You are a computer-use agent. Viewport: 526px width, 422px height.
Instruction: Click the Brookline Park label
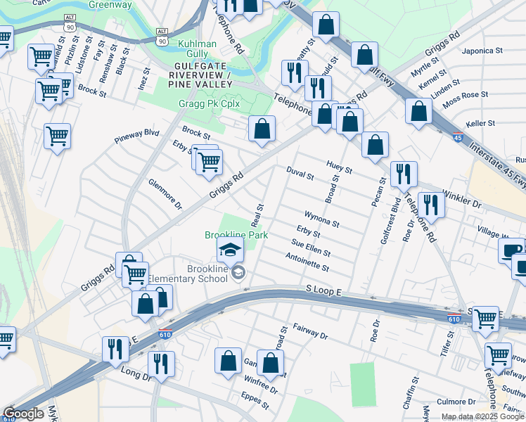(x=229, y=234)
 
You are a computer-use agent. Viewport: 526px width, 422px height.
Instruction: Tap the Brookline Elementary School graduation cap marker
(x=229, y=250)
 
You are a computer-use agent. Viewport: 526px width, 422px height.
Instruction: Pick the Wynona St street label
(x=322, y=219)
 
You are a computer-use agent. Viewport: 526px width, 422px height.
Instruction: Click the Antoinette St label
(x=308, y=262)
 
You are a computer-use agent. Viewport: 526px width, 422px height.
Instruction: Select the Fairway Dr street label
(x=309, y=332)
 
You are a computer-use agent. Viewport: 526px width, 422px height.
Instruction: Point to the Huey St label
(x=339, y=167)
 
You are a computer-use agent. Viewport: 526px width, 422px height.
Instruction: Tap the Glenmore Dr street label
(x=165, y=193)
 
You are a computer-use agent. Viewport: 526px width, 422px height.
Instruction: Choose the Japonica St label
(x=482, y=51)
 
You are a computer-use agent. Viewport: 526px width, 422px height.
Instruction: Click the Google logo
(x=23, y=414)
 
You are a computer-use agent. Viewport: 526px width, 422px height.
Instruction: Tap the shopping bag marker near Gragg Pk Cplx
(x=262, y=129)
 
